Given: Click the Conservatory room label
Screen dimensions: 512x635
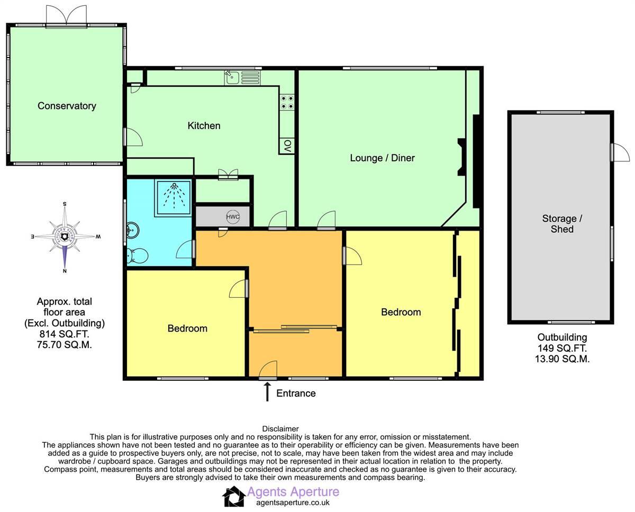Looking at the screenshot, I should (x=67, y=106).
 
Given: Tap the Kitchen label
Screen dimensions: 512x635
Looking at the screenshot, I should (x=204, y=126).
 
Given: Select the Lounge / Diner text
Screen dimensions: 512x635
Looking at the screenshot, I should (x=382, y=158).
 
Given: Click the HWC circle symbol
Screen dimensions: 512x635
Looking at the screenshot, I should (x=233, y=216).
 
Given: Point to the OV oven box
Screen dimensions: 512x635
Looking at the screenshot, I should (x=287, y=146).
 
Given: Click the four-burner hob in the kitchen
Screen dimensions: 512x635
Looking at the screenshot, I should (x=287, y=102).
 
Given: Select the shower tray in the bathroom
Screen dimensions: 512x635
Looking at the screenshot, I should (x=174, y=197).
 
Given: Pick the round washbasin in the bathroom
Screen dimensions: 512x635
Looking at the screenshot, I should (x=133, y=231).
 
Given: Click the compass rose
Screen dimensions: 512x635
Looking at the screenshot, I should (x=65, y=236).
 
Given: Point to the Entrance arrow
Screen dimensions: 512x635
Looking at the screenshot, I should (x=267, y=392).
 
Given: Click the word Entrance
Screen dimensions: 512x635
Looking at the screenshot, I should (x=296, y=393).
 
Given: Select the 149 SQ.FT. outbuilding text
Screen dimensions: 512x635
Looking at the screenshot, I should (x=562, y=348).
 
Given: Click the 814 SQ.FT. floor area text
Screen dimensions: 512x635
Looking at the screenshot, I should (x=64, y=334).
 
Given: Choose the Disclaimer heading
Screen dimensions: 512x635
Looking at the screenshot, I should (x=280, y=428).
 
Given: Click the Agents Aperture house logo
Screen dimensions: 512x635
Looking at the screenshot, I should (x=233, y=497).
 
